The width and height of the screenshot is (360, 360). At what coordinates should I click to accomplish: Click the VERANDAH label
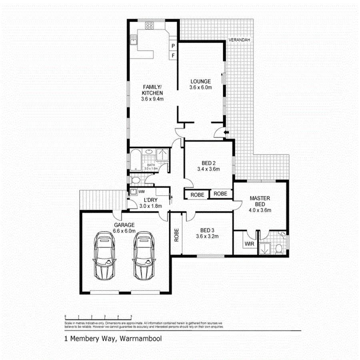pos(239,40)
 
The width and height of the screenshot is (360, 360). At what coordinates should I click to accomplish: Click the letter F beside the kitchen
pos(173,56)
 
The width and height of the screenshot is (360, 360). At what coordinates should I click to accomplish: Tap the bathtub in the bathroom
pos(134,159)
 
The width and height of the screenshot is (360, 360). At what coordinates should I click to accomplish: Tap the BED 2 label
pos(208,163)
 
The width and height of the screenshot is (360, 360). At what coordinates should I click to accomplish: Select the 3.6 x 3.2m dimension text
pos(208,236)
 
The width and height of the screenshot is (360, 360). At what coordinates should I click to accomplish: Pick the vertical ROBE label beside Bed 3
pos(176,235)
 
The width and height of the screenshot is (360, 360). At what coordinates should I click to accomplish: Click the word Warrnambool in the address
pos(140,339)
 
